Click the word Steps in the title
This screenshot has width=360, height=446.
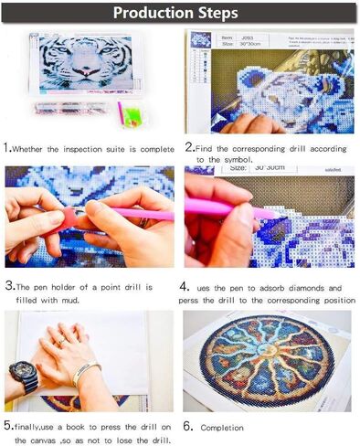coord(217,13)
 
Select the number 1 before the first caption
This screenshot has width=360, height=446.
coord(7,147)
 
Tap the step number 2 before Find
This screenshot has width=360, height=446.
coord(189,147)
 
